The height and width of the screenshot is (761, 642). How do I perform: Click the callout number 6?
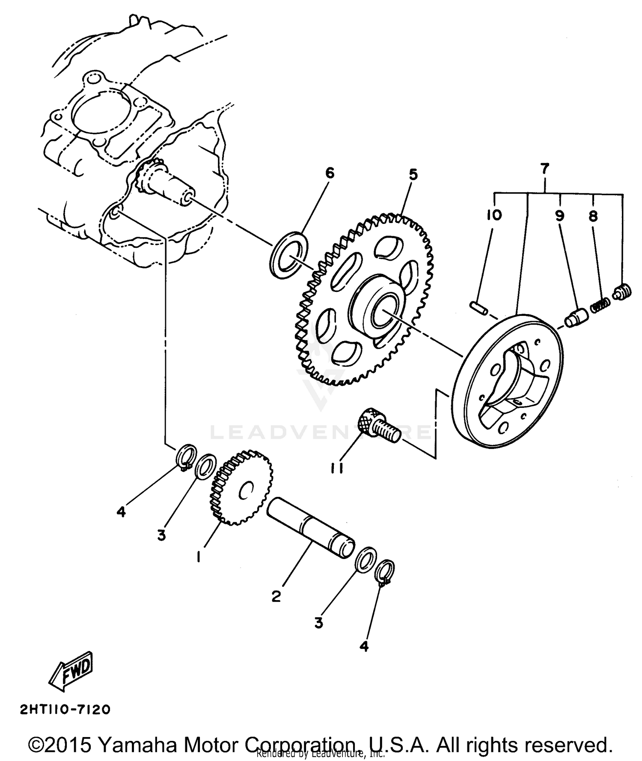329,173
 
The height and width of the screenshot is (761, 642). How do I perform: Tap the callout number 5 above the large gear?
413,175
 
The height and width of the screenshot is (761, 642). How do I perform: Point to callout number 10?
494,215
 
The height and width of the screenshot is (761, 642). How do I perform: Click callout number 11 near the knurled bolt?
336,470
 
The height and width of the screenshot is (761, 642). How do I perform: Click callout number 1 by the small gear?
198,557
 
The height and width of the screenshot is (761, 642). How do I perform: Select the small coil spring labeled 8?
600,306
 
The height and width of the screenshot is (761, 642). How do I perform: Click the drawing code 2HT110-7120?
65,710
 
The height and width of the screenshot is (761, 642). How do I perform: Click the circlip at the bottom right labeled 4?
385,571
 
